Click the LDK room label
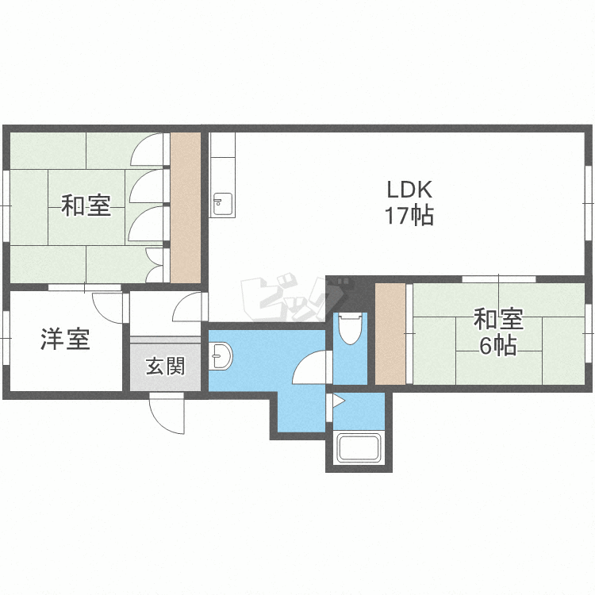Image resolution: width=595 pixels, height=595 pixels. click(x=409, y=190)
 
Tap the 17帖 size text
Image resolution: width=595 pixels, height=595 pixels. click(x=409, y=216)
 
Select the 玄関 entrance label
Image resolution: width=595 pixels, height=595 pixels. click(x=166, y=367)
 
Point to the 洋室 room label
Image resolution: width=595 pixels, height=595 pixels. click(x=65, y=339)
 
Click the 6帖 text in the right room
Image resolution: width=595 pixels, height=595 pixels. click(x=498, y=346)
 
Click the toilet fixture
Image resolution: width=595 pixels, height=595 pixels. click(x=350, y=328)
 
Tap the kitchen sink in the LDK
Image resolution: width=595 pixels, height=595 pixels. click(x=222, y=204)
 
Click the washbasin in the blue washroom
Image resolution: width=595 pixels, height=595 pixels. click(x=221, y=356)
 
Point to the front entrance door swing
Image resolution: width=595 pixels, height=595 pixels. click(x=167, y=413)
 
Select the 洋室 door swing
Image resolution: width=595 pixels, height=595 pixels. click(x=108, y=308)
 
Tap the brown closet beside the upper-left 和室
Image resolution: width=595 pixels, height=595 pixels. click(x=185, y=207)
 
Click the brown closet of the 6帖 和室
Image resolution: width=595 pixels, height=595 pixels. click(x=390, y=333)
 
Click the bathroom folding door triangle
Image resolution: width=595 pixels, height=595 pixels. click(x=339, y=401)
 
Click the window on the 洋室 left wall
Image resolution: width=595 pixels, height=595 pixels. click(x=6, y=338)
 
